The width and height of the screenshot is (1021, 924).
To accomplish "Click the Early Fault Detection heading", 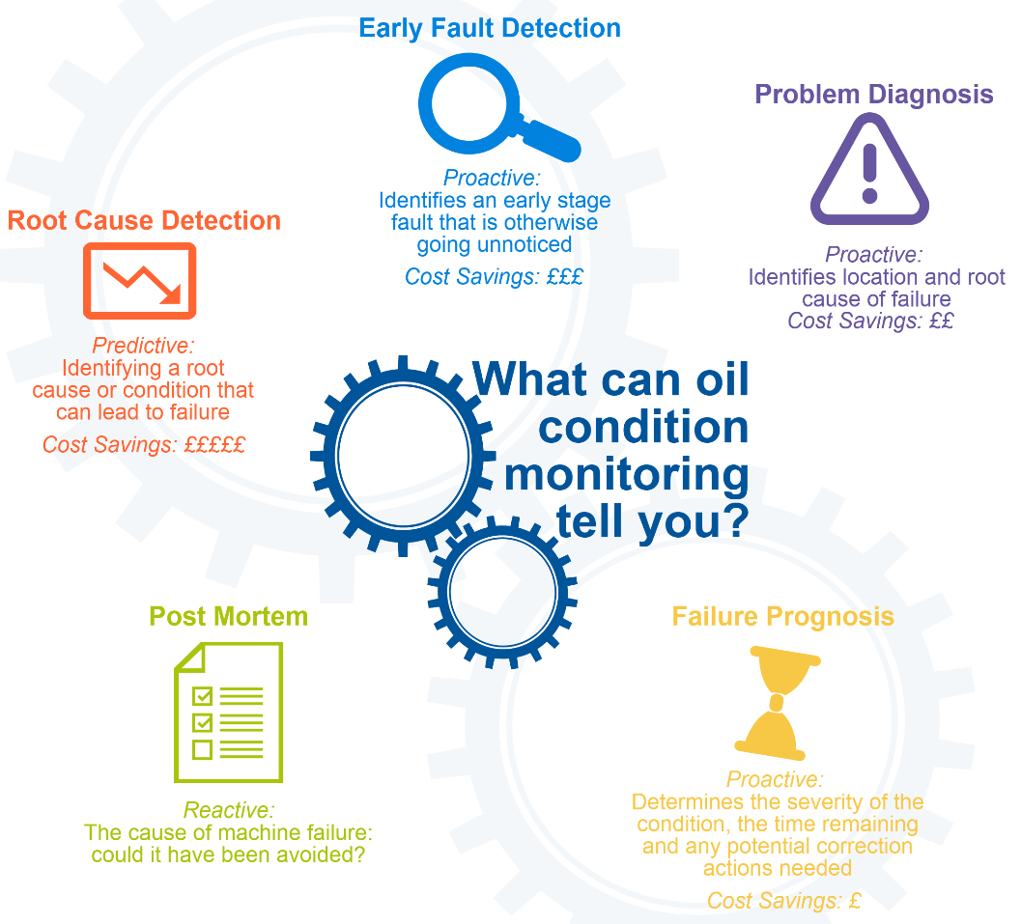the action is click(x=490, y=29).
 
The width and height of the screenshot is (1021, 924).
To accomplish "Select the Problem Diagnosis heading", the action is click(x=874, y=95).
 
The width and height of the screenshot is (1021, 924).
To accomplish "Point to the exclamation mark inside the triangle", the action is click(x=870, y=173).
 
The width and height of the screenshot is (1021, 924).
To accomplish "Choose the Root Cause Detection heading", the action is click(x=144, y=220).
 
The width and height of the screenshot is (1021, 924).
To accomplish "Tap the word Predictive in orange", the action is click(x=143, y=346).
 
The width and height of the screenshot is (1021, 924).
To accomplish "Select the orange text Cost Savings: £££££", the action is click(x=144, y=445).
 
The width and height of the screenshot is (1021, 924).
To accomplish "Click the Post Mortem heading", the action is click(x=229, y=617).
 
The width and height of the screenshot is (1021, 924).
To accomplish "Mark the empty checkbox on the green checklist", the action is click(x=203, y=749).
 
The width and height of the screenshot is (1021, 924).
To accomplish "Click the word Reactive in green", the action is click(x=229, y=810).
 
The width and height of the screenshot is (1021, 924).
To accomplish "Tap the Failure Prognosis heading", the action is click(x=782, y=617).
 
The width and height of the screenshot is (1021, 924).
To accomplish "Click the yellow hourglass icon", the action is click(x=777, y=704).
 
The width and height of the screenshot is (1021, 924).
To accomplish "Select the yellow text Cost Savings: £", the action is click(x=784, y=901).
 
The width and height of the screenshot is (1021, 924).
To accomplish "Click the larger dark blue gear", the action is click(x=330, y=456).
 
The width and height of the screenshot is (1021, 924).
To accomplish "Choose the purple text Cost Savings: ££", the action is click(x=870, y=321).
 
